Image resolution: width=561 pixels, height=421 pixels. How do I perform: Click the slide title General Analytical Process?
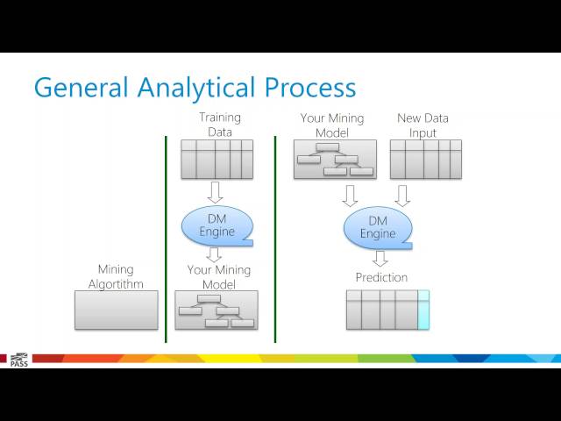click(x=195, y=89)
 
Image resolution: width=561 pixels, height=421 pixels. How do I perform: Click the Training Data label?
click(x=219, y=125)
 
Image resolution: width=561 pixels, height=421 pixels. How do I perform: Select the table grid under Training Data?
click(x=217, y=159)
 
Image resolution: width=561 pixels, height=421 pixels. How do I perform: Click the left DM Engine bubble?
click(x=217, y=225)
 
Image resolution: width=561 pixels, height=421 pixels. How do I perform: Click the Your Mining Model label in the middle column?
click(x=218, y=277)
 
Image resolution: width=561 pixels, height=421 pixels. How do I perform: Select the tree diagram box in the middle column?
click(x=217, y=310)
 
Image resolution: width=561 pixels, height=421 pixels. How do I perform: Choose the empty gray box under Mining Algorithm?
click(x=117, y=310)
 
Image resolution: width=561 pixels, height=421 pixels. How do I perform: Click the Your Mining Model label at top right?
click(x=324, y=125)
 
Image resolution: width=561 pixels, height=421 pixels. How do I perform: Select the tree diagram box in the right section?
click(x=335, y=159)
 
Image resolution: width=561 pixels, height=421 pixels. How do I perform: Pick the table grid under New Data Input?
click(x=425, y=159)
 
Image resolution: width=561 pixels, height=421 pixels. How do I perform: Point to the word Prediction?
click(x=381, y=277)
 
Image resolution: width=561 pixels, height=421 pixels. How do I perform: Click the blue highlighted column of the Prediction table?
click(x=423, y=310)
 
